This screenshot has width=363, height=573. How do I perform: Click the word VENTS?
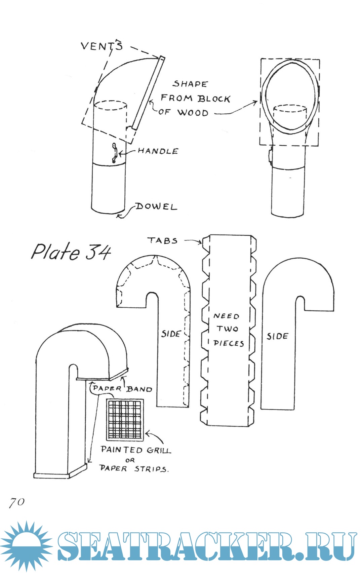point(102,46)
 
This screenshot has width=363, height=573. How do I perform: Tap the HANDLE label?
point(158,151)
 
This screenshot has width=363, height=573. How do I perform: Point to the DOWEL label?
point(156,206)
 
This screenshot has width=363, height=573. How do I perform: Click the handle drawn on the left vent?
point(115,153)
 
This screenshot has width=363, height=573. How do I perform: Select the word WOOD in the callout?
point(193,113)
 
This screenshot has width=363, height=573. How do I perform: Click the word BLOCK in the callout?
point(214,99)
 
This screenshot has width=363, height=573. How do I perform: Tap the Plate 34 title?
point(71,252)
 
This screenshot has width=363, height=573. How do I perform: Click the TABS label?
point(162,241)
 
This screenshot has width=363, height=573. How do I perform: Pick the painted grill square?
point(125,420)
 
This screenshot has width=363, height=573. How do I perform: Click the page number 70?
point(17,502)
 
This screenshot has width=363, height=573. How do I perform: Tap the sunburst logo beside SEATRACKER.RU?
point(26,545)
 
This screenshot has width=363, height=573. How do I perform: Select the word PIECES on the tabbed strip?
point(229,343)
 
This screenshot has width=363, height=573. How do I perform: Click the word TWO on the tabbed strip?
point(227,329)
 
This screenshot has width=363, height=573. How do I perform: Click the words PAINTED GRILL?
point(136,450)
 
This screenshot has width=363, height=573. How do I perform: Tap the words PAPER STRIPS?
point(133,468)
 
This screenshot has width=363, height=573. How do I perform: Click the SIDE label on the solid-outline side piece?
point(277,336)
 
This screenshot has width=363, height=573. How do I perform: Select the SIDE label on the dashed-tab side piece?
point(171,334)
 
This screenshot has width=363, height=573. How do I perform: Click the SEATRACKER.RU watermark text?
point(207,546)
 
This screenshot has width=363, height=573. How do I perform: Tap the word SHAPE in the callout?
point(191,84)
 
